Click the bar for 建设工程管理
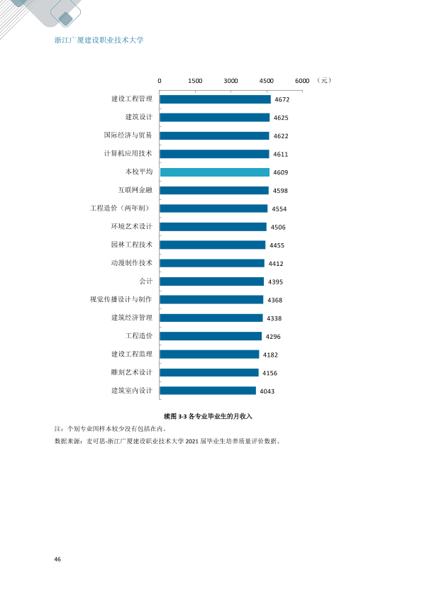point(215,99)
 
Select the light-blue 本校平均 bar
point(215,172)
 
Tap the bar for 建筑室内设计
point(208,391)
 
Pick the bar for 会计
point(212,281)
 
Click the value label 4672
point(282,100)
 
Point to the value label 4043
point(267,391)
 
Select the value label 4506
point(278,228)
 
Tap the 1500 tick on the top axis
point(195,81)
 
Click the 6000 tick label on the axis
point(302,81)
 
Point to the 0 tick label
point(160,81)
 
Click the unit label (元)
point(324,80)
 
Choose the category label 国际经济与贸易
point(128,135)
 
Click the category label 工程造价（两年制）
point(121,208)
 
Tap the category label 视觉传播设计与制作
point(121,300)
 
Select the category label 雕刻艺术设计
point(131,372)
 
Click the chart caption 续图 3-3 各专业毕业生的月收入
point(208,416)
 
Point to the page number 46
point(57,559)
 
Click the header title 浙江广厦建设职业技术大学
point(99,40)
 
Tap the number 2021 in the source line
point(192,442)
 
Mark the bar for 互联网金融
point(214,190)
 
